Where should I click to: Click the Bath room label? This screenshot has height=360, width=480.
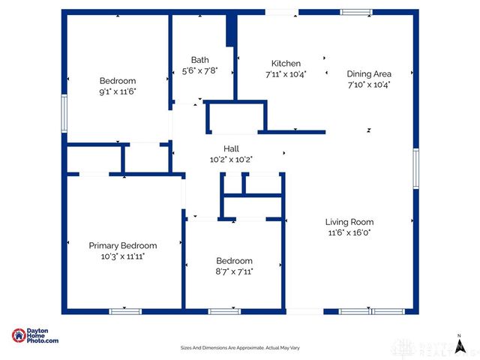(x=199, y=60)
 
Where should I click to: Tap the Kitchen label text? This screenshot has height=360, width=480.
(x=286, y=64)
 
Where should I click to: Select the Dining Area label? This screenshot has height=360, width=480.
(x=368, y=73)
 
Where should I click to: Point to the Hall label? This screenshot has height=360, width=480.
(x=231, y=148)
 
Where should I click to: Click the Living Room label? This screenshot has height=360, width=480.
(x=349, y=222)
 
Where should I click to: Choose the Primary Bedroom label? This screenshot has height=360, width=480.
(x=123, y=245)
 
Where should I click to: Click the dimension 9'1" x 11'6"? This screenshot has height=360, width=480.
(x=118, y=91)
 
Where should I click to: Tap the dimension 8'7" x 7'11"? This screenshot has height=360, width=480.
(x=233, y=271)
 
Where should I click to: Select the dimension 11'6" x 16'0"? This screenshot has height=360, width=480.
(x=349, y=232)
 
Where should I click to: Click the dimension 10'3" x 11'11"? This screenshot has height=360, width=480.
(x=123, y=256)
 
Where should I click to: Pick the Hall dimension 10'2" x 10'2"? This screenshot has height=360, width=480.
(x=231, y=159)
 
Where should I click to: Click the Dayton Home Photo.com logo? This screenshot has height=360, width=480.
(x=35, y=336)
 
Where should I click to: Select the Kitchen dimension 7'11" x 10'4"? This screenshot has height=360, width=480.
(x=286, y=74)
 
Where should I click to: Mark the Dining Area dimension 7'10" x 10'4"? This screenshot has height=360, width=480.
(x=368, y=84)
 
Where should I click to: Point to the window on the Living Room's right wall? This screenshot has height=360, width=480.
(x=415, y=168)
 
